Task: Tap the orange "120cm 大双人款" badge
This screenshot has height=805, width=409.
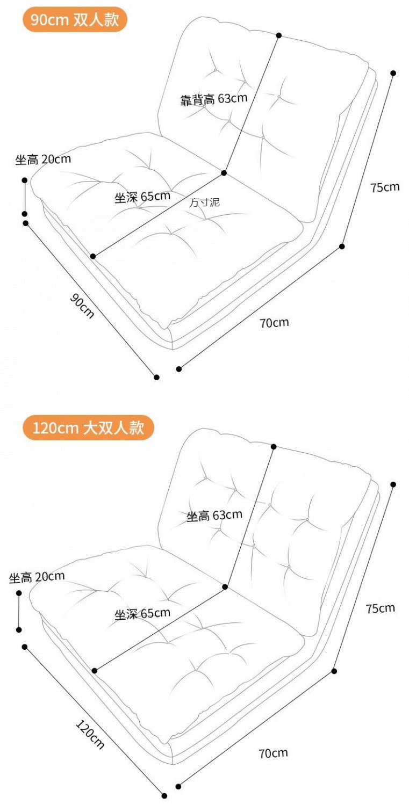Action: click(x=88, y=428)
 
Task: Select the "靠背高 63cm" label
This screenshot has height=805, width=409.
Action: click(x=213, y=99)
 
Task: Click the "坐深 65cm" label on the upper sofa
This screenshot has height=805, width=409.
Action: click(x=142, y=197)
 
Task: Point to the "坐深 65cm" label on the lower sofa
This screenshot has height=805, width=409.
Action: click(x=142, y=613)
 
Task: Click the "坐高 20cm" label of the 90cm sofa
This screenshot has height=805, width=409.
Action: click(x=43, y=159)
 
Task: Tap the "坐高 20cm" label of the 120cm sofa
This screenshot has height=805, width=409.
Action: click(x=37, y=577)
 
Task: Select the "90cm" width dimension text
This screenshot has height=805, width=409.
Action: click(x=82, y=306)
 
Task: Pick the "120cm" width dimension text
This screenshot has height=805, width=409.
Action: click(x=89, y=734)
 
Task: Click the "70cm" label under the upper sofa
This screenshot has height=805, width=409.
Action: click(x=274, y=322)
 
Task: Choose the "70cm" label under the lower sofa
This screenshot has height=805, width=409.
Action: click(x=273, y=753)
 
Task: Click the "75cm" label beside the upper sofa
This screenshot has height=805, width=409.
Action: click(x=385, y=187)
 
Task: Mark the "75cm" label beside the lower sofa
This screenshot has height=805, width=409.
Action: click(x=380, y=608)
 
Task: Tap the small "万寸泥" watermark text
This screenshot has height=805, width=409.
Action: click(x=204, y=202)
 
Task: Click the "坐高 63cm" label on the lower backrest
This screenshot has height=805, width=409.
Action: click(x=214, y=516)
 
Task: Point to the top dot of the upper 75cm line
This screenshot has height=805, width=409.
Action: click(x=393, y=73)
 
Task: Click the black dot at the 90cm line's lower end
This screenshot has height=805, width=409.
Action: click(x=156, y=377)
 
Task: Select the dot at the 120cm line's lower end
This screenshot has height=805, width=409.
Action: click(x=164, y=795)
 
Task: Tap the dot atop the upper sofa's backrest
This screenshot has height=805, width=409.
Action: click(x=279, y=35)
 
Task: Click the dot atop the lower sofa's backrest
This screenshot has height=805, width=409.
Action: click(x=274, y=446)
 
